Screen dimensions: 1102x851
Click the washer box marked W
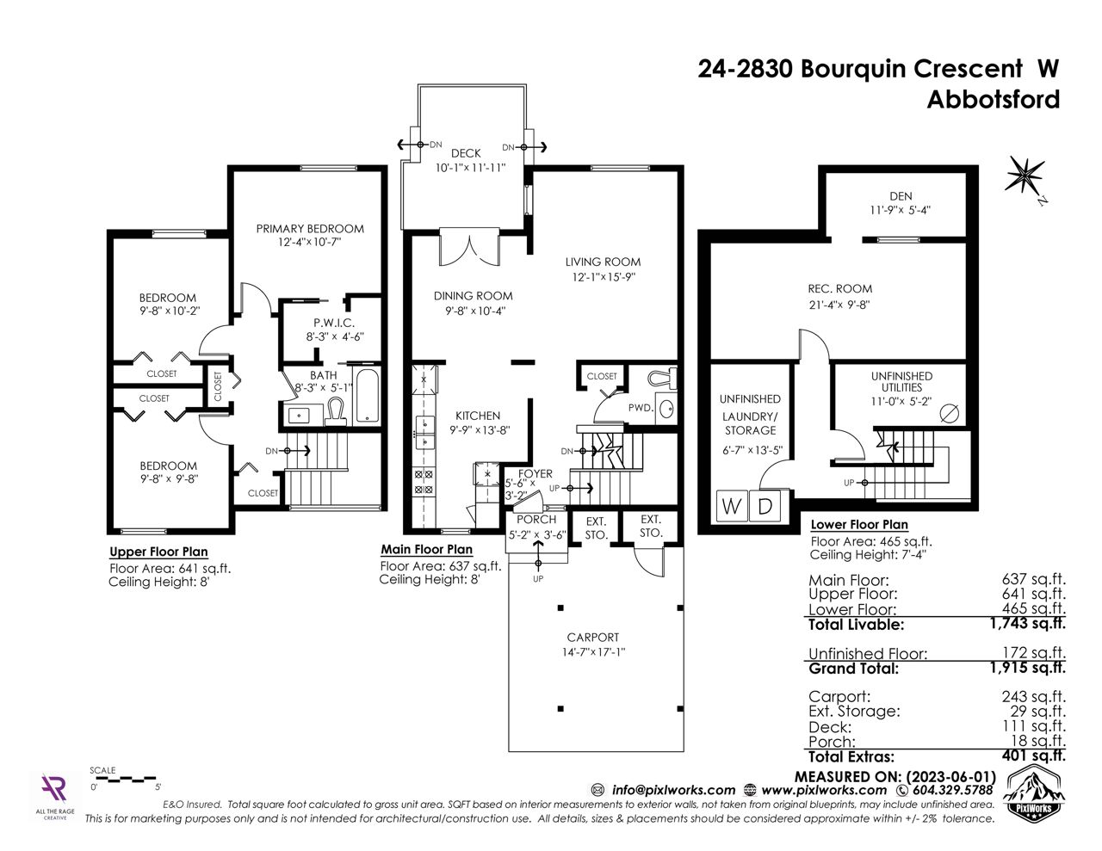pos(731,506)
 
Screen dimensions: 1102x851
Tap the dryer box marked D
pos(765,506)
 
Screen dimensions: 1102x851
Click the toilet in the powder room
pos(662,379)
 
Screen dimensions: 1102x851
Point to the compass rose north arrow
pos(1026,178)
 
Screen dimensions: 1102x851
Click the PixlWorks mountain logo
pos(1032,791)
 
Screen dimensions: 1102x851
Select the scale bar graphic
pos(123,778)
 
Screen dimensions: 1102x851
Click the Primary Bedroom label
pos(310,229)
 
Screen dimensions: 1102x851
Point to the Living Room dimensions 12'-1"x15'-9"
pos(604,277)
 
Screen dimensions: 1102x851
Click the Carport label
pos(593,637)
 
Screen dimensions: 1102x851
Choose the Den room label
pos(901,196)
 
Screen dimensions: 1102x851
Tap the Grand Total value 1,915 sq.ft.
pos(1028,668)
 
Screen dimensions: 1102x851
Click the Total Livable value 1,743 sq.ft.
pos(1028,623)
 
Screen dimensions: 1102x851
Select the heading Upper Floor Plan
pos(158,552)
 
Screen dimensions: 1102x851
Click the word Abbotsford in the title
pos(994,99)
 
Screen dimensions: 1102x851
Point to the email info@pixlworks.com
pos(674,790)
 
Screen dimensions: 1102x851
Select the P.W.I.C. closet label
pos(334,323)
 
